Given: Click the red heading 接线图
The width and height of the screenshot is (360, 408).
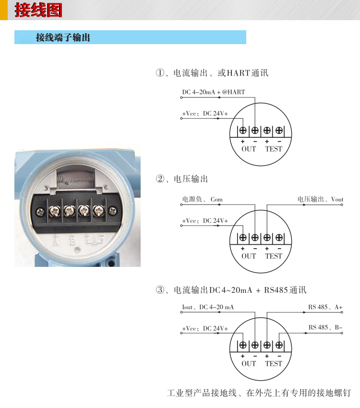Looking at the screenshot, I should coord(38,10).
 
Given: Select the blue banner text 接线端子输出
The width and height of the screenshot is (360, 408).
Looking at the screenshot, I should coord(63,37).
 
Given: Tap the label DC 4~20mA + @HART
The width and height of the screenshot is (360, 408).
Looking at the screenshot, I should coord(213,92).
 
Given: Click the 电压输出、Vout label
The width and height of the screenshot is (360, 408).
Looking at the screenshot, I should coord(320,199).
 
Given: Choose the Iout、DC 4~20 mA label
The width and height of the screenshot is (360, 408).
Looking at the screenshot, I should coord(208,307).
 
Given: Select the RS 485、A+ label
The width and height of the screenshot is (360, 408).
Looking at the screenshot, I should coord(325,307).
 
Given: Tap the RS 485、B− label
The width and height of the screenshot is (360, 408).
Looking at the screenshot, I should coord(325,328).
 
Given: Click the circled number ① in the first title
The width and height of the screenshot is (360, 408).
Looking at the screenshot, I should coord(160,73).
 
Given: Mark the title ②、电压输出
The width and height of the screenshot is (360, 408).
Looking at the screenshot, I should coord(182,179).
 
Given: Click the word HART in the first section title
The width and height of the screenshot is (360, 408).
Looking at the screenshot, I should coord(238,73).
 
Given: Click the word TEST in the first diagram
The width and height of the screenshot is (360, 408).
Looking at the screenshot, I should coord(274,149).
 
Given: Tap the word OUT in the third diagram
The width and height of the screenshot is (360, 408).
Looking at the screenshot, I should coord(249,363).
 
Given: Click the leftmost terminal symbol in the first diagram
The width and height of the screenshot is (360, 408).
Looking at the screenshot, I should coord(243,130).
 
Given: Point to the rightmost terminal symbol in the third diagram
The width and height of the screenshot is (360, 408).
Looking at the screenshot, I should coord(279,345).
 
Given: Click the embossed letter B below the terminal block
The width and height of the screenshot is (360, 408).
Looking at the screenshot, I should coord(72,240).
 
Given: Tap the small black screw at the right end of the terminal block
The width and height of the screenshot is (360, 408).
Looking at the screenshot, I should coord(113,210).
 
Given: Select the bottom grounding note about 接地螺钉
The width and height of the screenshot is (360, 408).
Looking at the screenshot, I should coord(259,393).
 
